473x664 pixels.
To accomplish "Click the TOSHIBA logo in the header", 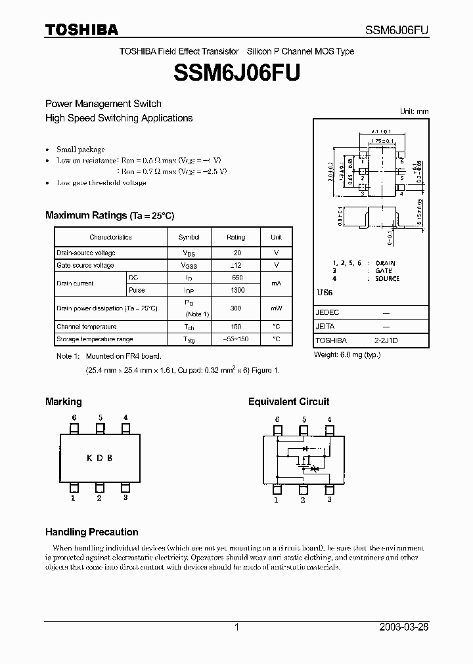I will pyautogui.click(x=81, y=30).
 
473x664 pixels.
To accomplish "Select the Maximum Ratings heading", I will pyautogui.click(x=110, y=215).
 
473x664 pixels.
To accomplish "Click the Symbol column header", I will pyautogui.click(x=189, y=237).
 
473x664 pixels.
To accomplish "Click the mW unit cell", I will pyautogui.click(x=277, y=308).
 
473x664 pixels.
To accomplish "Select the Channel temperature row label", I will pyautogui.click(x=87, y=327).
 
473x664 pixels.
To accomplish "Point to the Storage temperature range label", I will pyautogui.click(x=95, y=339).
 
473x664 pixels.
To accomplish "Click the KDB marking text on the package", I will pyautogui.click(x=99, y=458).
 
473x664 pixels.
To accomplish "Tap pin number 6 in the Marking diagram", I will pyautogui.click(x=74, y=417).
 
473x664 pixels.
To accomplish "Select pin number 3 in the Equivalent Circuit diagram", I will pyautogui.click(x=329, y=500).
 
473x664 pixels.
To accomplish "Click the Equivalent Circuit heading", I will pyautogui.click(x=288, y=402).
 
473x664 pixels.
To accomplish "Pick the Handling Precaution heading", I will pyautogui.click(x=91, y=532).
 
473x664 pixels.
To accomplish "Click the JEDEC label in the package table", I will pyautogui.click(x=327, y=313).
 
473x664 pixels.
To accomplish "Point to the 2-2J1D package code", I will pyautogui.click(x=386, y=341).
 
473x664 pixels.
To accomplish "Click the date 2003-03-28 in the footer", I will pyautogui.click(x=404, y=627).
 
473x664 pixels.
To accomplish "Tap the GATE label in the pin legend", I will pyautogui.click(x=384, y=270).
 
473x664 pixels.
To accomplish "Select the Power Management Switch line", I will pyautogui.click(x=103, y=104).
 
